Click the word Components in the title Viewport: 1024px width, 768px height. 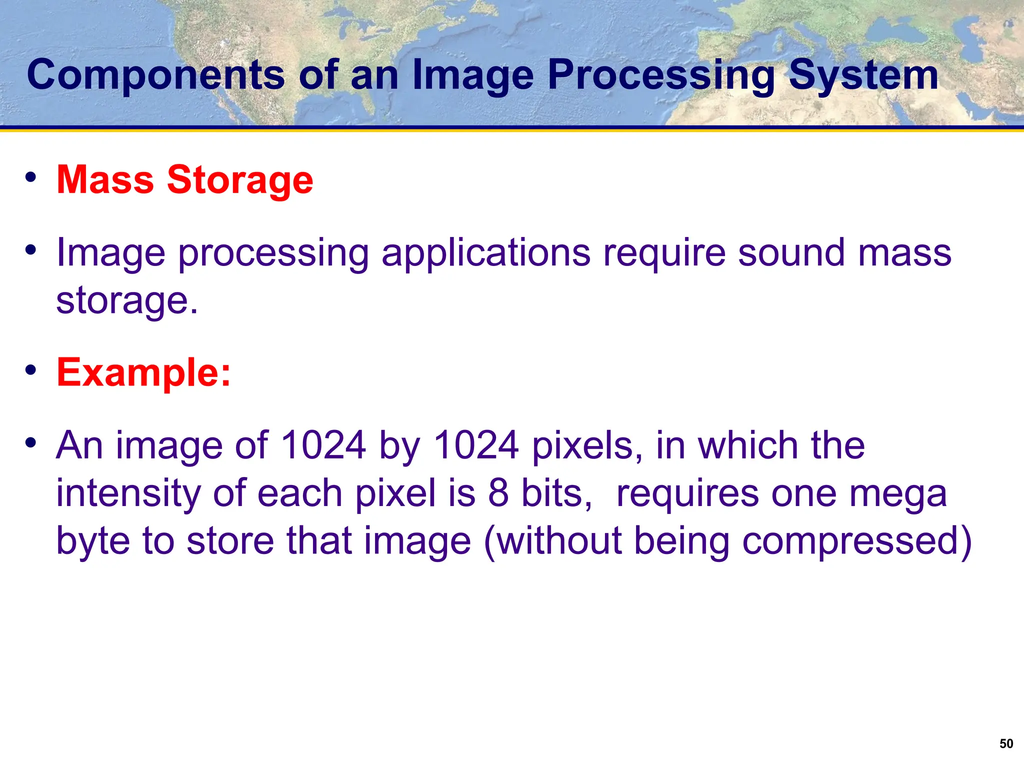[x=155, y=75]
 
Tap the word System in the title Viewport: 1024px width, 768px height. [x=863, y=75]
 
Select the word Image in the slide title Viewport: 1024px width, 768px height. [x=472, y=75]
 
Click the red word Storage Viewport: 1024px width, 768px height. [x=240, y=179]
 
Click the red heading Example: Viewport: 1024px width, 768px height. [x=144, y=372]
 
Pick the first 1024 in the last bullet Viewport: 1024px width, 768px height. [x=323, y=445]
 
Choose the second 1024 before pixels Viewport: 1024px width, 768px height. [x=476, y=445]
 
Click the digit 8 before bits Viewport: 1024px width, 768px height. [x=498, y=493]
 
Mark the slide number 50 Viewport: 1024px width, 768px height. [x=1006, y=743]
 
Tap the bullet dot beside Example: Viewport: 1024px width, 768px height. [x=31, y=370]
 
